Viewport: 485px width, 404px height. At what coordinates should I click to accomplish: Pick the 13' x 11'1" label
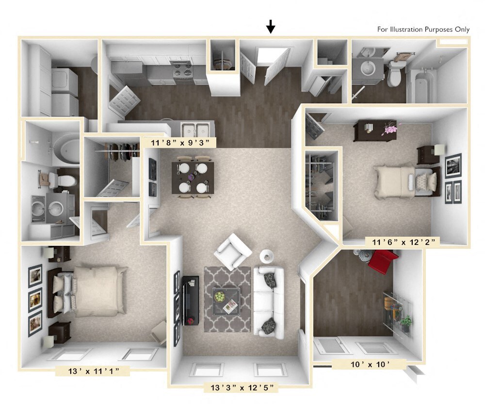coord(92,372)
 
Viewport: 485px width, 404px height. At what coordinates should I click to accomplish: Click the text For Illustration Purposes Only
coord(423,30)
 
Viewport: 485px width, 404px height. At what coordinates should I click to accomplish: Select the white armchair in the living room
coord(234,251)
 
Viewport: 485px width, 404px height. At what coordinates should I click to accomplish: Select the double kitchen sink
coord(195,129)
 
